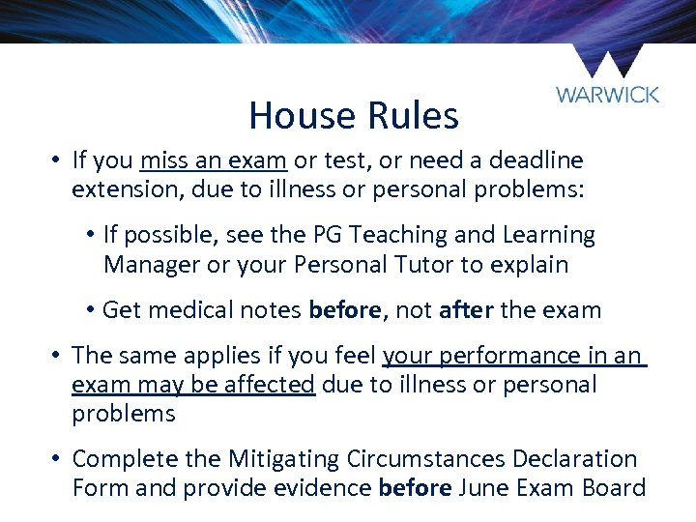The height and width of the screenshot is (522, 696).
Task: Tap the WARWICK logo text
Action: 607,95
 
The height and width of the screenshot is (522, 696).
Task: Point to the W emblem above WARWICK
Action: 606,62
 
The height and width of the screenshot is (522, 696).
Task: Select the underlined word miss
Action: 164,159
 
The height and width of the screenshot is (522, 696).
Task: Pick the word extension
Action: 127,188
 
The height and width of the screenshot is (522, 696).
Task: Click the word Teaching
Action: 396,235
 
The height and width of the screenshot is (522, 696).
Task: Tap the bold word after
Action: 467,310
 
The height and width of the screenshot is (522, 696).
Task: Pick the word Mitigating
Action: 285,458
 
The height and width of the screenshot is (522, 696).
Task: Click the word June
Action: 487,487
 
